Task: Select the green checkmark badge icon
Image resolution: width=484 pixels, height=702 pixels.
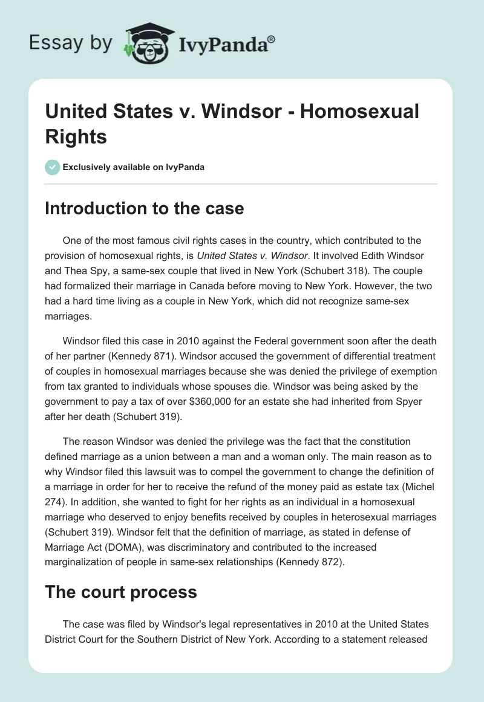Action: click(53, 167)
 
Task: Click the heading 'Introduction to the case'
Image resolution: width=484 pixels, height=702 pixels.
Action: click(145, 209)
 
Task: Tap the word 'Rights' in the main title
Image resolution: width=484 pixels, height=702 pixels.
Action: click(76, 137)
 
